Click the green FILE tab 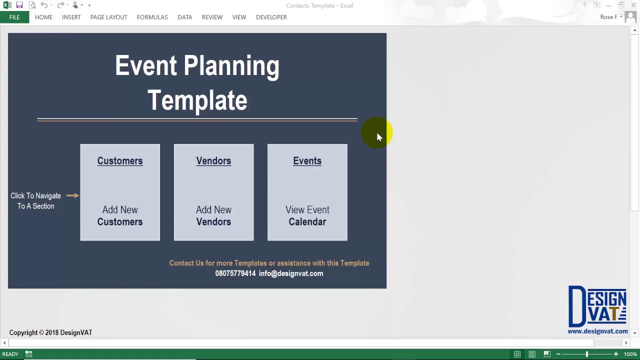click(14, 17)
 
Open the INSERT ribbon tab click(71, 17)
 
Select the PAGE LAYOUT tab click(108, 17)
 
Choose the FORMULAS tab click(152, 17)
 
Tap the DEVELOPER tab click(271, 17)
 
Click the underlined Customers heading click(120, 161)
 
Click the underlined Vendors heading click(213, 161)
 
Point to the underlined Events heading click(307, 161)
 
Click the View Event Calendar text click(307, 215)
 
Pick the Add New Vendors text click(213, 215)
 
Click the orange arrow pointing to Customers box click(72, 195)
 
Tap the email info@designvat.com click(291, 273)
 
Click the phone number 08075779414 click(235, 273)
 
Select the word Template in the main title click(197, 100)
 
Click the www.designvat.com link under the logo click(597, 331)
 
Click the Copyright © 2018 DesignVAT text click(50, 332)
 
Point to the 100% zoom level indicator click(630, 354)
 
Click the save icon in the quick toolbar click(19, 5)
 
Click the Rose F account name click(609, 17)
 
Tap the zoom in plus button click(616, 354)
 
